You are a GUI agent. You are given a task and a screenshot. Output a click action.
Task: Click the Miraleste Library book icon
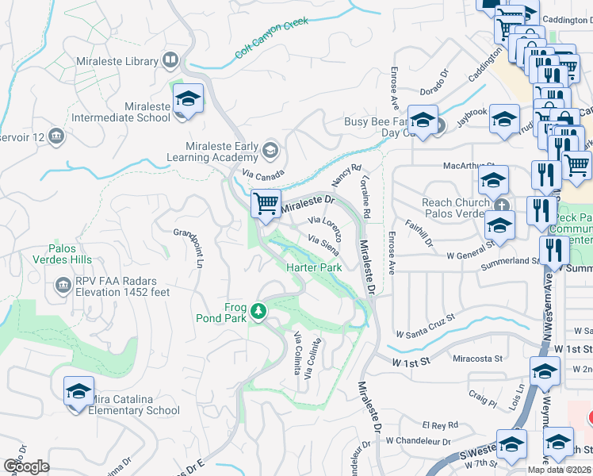170,60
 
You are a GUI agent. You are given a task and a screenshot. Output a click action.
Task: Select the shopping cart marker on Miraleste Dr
266,204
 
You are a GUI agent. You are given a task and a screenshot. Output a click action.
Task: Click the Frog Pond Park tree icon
257,312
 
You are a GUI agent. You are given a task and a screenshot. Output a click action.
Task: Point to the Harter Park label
314,268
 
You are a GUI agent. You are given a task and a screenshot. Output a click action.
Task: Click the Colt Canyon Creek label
271,48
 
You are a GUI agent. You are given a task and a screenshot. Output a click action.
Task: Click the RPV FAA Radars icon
63,284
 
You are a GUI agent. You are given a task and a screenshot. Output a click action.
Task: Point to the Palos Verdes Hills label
59,254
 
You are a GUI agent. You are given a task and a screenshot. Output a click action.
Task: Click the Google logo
26,466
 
